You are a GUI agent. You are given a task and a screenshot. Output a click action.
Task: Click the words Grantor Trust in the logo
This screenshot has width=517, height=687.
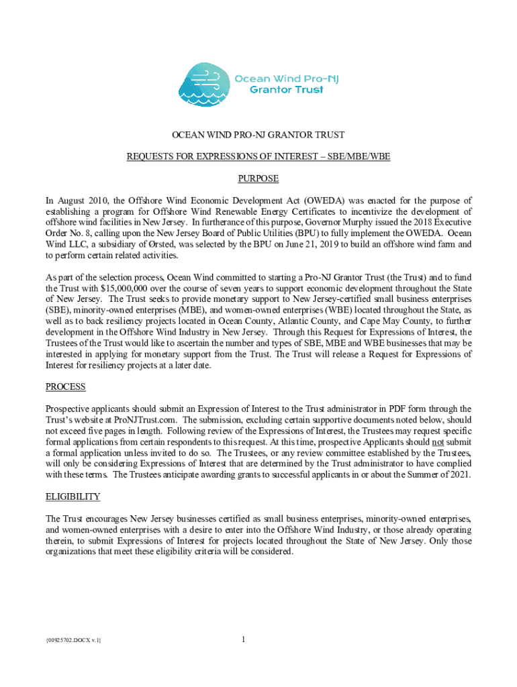[x=287, y=89]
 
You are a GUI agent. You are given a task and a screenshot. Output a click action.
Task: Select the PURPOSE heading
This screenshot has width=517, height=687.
[x=258, y=179]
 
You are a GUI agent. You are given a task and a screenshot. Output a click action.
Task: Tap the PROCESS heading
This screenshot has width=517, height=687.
[x=65, y=387]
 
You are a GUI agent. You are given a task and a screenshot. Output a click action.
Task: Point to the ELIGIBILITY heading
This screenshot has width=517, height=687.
[x=73, y=496]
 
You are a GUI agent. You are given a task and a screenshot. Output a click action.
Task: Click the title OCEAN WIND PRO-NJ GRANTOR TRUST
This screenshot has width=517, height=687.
[x=258, y=135]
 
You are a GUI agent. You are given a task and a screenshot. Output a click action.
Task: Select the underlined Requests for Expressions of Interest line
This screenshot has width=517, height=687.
[x=258, y=157]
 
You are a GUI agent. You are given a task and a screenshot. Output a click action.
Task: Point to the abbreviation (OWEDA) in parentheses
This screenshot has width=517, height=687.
[x=330, y=201]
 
